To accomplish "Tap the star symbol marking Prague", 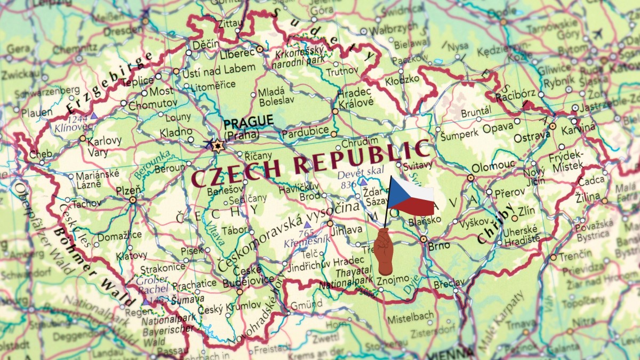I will [x=217, y=145].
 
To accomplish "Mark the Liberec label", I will [x=237, y=53].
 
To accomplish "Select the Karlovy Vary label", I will [x=104, y=146].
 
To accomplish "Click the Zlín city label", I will [x=526, y=210].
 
